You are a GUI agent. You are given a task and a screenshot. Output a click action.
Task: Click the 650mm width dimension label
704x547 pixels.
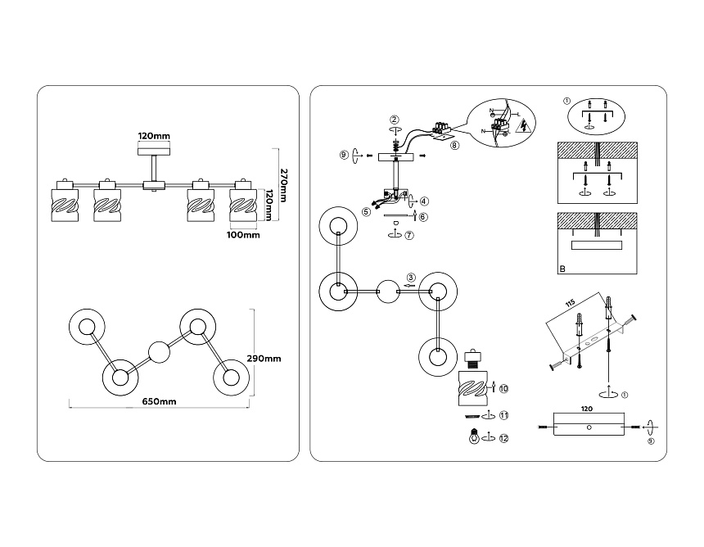(160, 401)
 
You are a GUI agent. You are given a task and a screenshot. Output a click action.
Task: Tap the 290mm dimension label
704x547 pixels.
(264, 359)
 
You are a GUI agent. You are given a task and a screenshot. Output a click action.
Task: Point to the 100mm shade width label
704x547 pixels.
(242, 236)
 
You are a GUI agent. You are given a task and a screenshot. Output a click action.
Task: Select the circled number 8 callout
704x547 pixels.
(454, 145)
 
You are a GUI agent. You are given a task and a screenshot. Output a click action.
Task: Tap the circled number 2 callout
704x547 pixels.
(395, 120)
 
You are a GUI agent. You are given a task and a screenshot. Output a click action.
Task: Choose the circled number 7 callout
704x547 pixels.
(408, 235)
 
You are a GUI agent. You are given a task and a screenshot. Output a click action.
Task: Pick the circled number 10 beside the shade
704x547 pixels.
(503, 387)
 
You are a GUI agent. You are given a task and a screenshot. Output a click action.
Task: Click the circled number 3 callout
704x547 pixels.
(411, 277)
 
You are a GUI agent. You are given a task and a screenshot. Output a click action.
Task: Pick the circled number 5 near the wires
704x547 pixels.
(367, 211)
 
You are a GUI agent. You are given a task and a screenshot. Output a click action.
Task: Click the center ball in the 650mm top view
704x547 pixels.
(159, 353)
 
